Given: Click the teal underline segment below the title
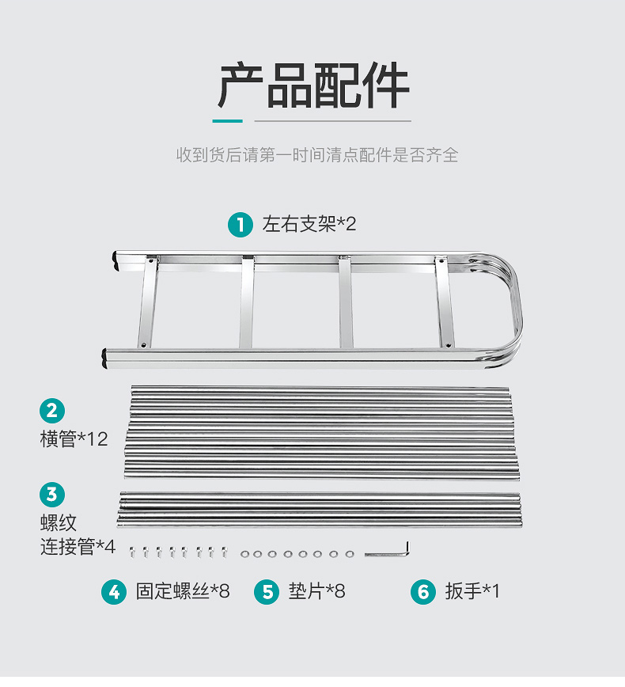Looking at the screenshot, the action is click(x=228, y=121).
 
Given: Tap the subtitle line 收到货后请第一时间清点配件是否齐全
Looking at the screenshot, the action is click(x=316, y=154).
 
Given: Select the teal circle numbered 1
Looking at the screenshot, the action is click(x=240, y=224).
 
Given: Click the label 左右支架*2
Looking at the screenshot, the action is click(x=309, y=224).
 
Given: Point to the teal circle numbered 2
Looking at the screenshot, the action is click(x=52, y=410).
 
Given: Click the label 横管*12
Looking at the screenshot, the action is click(x=74, y=438).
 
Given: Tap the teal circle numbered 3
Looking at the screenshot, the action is click(x=52, y=495).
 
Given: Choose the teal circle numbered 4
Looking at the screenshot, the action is click(x=114, y=591).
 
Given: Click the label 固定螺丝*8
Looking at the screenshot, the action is click(x=182, y=591).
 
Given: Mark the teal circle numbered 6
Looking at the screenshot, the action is click(x=423, y=591).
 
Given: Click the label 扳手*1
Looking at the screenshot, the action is click(x=472, y=591).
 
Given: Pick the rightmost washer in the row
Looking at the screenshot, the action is click(x=350, y=553).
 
